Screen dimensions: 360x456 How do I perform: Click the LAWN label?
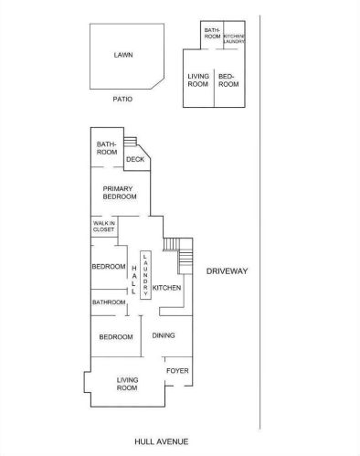tap(123, 55)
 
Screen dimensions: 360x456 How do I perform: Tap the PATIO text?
tap(122, 99)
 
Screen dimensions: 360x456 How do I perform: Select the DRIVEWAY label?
tap(227, 271)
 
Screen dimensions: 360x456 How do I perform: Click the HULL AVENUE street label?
tap(162, 441)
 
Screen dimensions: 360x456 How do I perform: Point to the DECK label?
tap(135, 159)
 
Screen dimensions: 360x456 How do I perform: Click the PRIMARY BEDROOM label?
tap(120, 193)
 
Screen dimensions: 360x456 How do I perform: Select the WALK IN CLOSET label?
tap(104, 227)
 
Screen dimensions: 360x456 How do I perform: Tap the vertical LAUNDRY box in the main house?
tap(145, 275)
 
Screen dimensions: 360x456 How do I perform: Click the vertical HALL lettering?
tap(133, 280)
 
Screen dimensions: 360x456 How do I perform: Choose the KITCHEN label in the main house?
tap(166, 288)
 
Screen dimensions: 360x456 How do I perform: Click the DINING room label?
tap(164, 335)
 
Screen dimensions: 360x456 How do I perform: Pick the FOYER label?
tap(177, 371)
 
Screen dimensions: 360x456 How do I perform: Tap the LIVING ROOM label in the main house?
tap(127, 384)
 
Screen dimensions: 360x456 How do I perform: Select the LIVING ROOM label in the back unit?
tap(198, 80)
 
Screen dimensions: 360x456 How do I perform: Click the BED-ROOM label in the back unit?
tap(228, 80)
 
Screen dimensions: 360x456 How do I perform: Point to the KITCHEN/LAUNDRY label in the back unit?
tap(234, 38)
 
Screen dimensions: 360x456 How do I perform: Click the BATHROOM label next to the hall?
tap(109, 302)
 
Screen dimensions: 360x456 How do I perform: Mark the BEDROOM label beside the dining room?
tap(116, 337)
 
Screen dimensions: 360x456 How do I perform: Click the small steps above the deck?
tap(130, 141)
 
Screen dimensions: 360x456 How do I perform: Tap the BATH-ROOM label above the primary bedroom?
tap(107, 148)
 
